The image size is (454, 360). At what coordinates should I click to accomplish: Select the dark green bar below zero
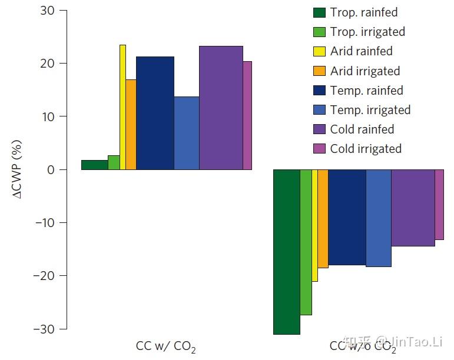coord(287,252)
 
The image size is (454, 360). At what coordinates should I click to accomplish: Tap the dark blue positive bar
coord(155,113)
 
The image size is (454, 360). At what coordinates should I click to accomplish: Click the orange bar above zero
coord(131,125)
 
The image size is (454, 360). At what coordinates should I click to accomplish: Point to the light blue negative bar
coord(379,218)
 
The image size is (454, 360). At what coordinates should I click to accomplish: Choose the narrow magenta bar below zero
coord(439,204)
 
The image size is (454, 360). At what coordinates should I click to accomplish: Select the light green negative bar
coord(306,242)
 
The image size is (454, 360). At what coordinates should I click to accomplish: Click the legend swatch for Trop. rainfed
coord(319,12)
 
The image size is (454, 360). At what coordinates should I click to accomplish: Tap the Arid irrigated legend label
coord(364,71)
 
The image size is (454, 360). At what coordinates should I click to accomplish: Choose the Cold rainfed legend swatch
coord(319,129)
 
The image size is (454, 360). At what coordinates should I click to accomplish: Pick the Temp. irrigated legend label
coord(370,110)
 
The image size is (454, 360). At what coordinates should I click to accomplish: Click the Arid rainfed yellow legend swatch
coord(319,51)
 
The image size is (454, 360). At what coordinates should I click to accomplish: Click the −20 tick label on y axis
coord(44,276)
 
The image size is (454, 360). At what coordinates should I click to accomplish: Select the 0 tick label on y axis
coord(52,170)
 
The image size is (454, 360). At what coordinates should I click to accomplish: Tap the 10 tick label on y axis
coord(48,116)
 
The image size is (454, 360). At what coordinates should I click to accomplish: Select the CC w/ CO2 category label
coord(165,346)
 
